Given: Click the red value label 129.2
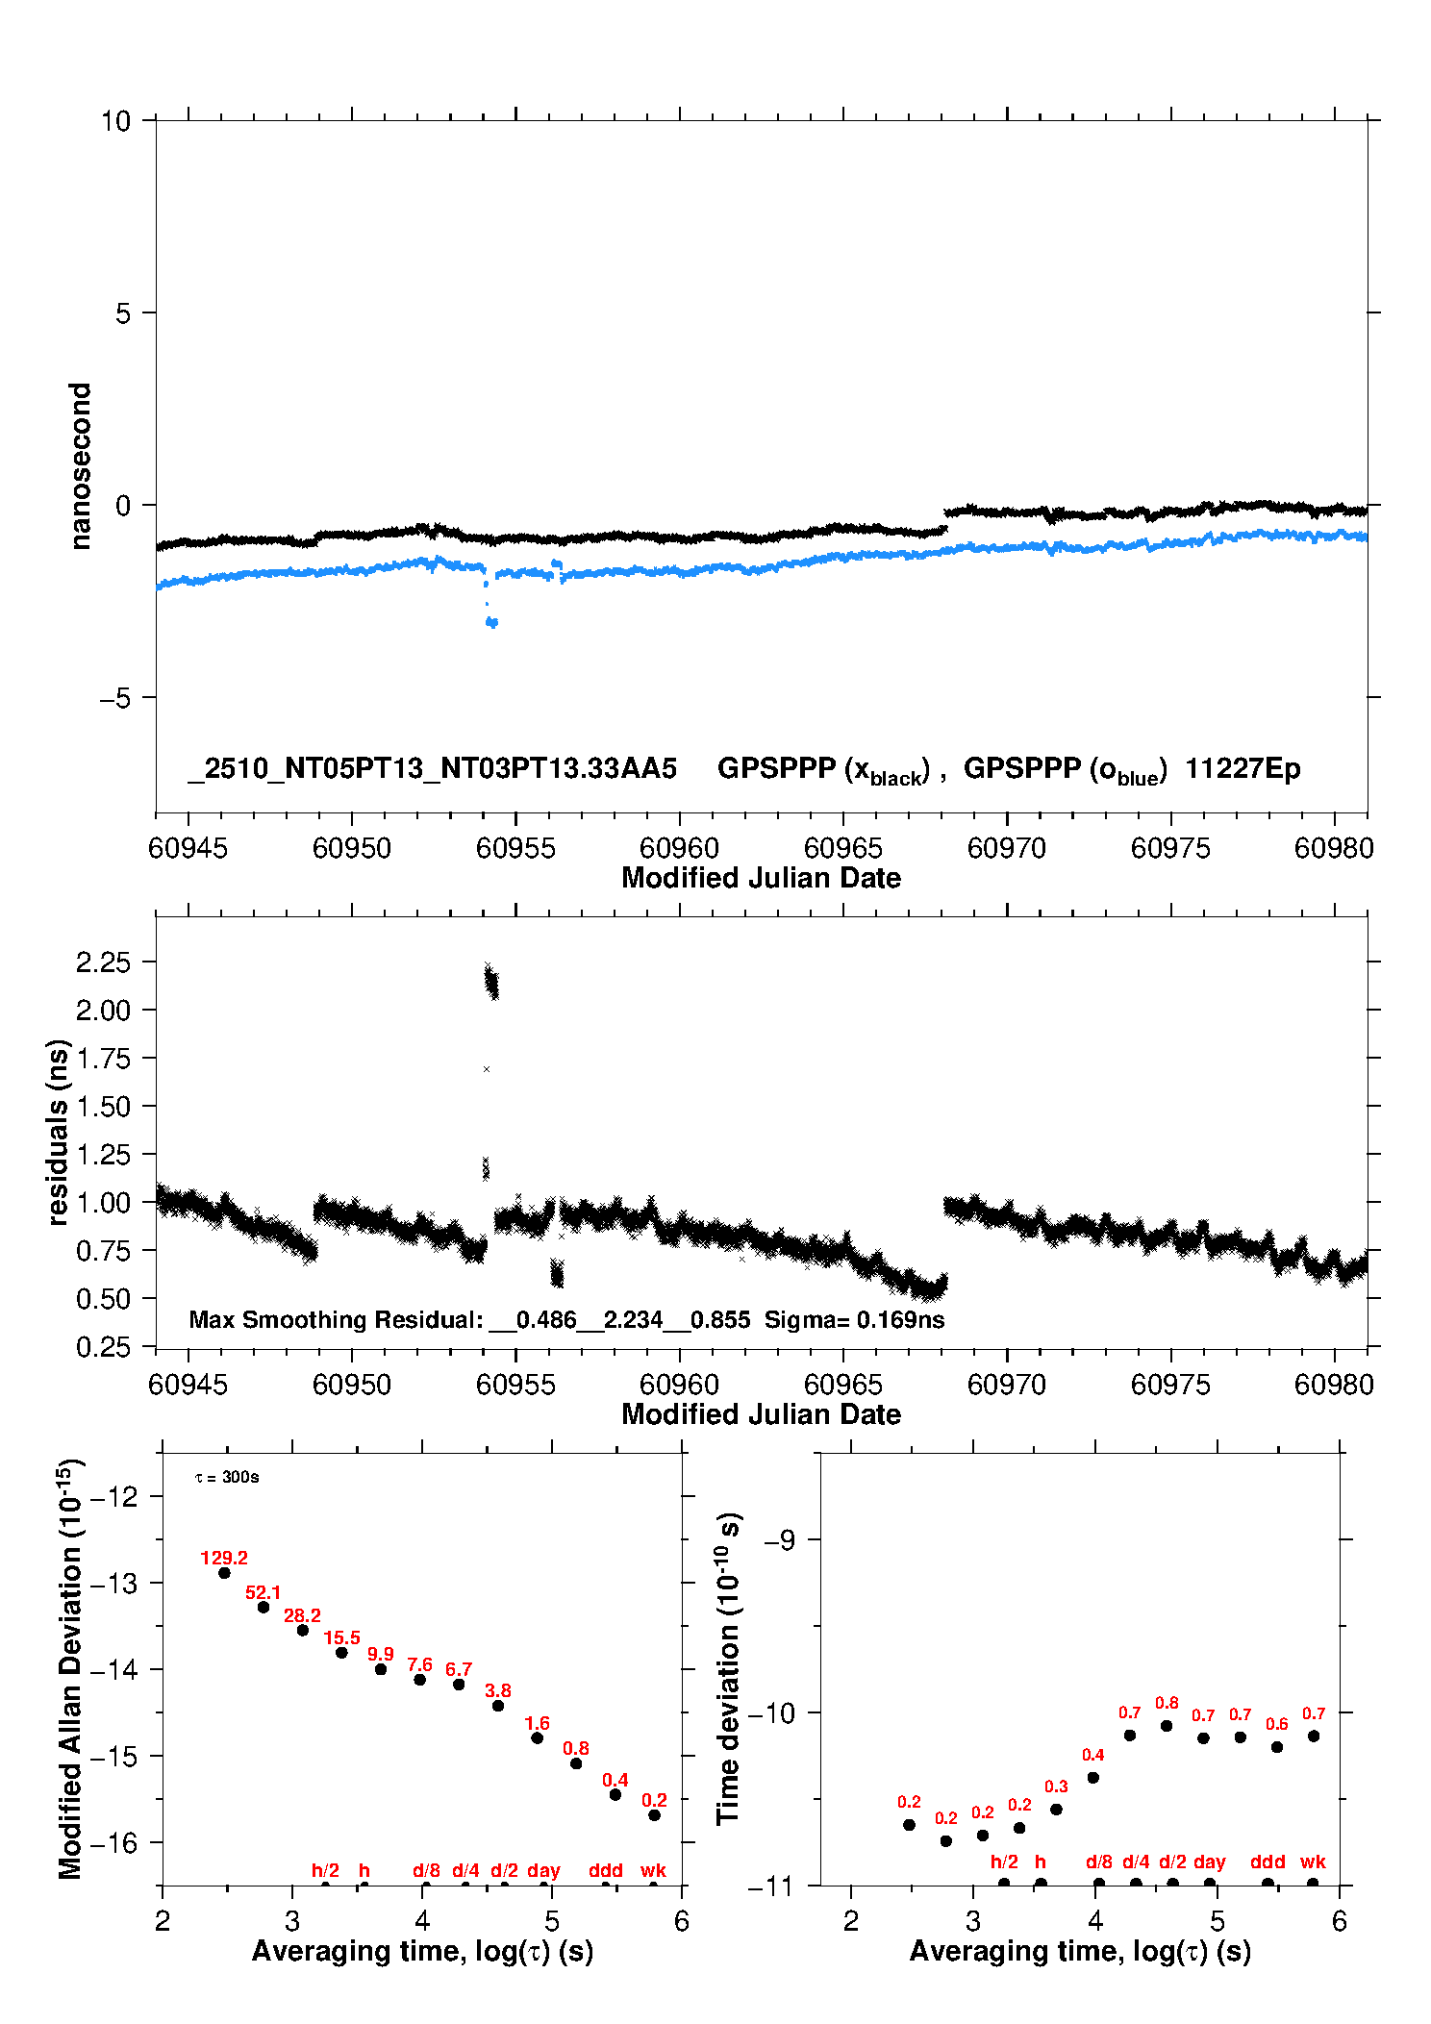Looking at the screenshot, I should (x=224, y=1558).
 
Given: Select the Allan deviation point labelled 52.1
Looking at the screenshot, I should (x=264, y=1607).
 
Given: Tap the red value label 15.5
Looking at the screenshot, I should (x=341, y=1637).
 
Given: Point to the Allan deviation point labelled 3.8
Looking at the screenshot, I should (x=498, y=1706).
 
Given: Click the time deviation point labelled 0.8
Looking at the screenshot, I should (x=1167, y=1726).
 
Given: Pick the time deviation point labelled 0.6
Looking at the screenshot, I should (x=1277, y=1747).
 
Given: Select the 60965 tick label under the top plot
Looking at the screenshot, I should (x=842, y=848).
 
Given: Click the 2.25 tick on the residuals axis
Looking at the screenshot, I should (x=103, y=962).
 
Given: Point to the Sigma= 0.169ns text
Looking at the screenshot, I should (x=854, y=1320).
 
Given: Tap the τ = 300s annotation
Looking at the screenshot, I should (x=227, y=1477).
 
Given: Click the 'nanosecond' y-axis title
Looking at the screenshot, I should (x=80, y=466).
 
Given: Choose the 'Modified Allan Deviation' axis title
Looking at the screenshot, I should (x=70, y=1668).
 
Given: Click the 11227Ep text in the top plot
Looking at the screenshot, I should (x=1243, y=769).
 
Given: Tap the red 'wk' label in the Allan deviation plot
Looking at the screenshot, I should (x=653, y=1870).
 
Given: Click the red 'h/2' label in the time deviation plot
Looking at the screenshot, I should (x=1004, y=1862).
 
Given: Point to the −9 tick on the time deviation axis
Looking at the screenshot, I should (x=779, y=1540).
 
